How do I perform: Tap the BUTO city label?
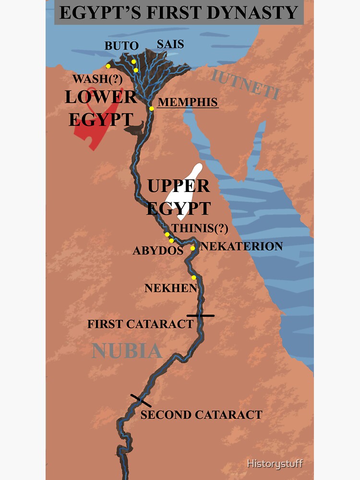pyautogui.click(x=121, y=46)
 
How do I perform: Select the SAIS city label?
pyautogui.click(x=170, y=44)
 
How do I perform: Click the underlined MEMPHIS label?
pyautogui.click(x=188, y=102)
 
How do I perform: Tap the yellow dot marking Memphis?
pyautogui.click(x=152, y=108)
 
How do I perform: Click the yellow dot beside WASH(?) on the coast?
pyautogui.click(x=108, y=66)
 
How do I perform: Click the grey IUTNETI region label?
pyautogui.click(x=244, y=84)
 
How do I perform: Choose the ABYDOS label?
pyautogui.click(x=158, y=251)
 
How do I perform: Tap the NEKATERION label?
pyautogui.click(x=241, y=246)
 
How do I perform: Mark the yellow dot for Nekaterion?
pyautogui.click(x=192, y=248)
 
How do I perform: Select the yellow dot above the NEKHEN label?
pyautogui.click(x=194, y=277)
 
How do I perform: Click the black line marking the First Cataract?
pyautogui.click(x=201, y=315)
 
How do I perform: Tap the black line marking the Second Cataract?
pyautogui.click(x=141, y=400)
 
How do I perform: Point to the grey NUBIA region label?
pyautogui.click(x=127, y=351)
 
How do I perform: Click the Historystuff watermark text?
pyautogui.click(x=275, y=464)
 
